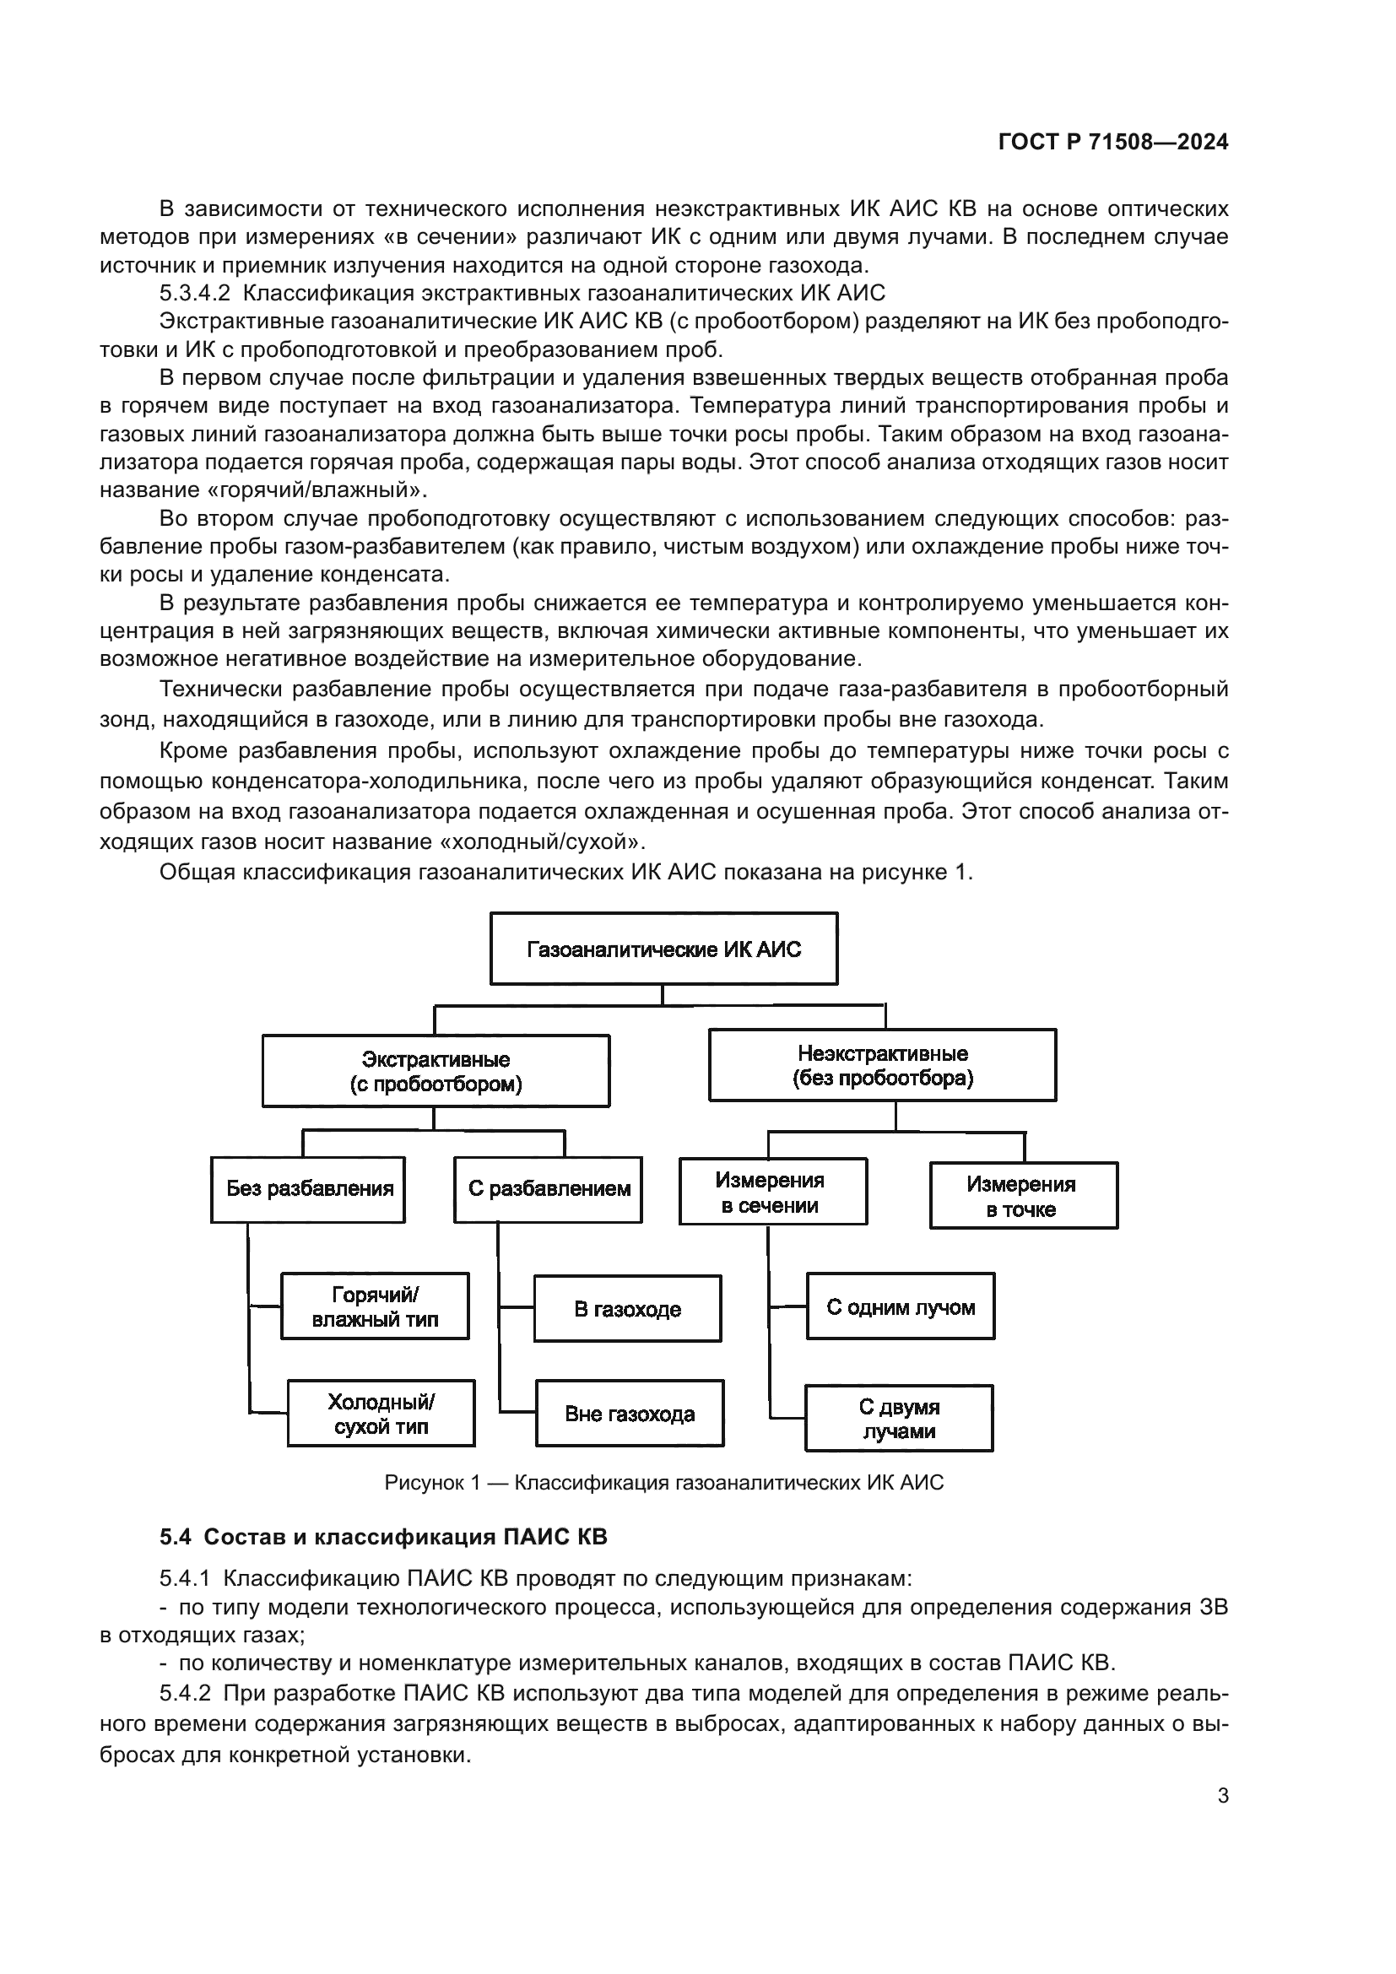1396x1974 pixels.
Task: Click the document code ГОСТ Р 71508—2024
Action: (x=1113, y=143)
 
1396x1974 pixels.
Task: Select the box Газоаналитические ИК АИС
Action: (x=663, y=949)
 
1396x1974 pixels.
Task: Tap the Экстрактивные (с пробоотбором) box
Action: (x=436, y=1071)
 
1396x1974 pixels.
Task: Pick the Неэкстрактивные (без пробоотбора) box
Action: (x=882, y=1065)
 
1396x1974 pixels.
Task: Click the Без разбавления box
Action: (x=309, y=1190)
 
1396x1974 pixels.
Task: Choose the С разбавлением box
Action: (x=549, y=1190)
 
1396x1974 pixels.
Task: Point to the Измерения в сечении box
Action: (x=772, y=1193)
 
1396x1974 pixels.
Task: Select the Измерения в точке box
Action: (x=1023, y=1196)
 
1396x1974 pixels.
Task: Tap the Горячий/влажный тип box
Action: (x=375, y=1306)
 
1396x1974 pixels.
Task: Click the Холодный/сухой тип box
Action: (x=381, y=1414)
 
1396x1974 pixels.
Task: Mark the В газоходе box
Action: (x=627, y=1309)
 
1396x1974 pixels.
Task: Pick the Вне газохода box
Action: (x=630, y=1414)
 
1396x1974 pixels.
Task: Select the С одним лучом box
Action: (x=900, y=1306)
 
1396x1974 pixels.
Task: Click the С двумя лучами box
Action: (x=899, y=1419)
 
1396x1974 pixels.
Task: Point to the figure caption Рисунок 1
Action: (x=663, y=1483)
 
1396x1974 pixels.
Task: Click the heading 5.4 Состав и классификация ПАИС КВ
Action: (x=383, y=1537)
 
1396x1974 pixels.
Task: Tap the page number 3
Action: (x=1222, y=1795)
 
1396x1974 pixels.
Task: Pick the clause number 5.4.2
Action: (x=185, y=1694)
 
